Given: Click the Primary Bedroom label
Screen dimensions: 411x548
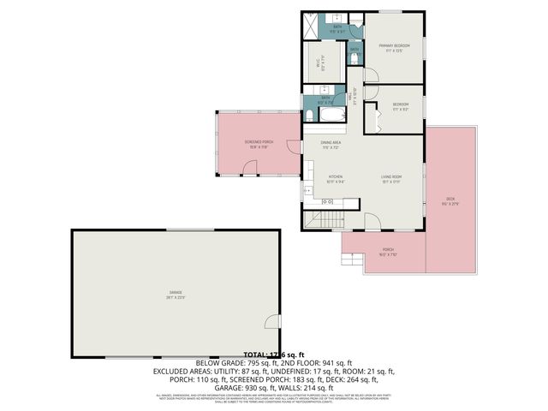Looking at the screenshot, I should (x=394, y=45).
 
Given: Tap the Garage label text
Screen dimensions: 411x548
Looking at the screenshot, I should (x=176, y=296).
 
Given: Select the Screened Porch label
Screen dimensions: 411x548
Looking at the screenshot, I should (x=259, y=142).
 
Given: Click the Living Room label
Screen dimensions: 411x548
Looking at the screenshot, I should (x=391, y=177).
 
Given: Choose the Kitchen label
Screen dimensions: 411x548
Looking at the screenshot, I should (x=335, y=177).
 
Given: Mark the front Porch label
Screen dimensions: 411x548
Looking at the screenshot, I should (x=388, y=251).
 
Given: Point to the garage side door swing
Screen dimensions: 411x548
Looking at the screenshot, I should (x=272, y=322).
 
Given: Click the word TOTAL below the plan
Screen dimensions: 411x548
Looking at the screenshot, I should (x=254, y=354).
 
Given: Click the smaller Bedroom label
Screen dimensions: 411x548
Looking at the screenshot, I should (x=400, y=104).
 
